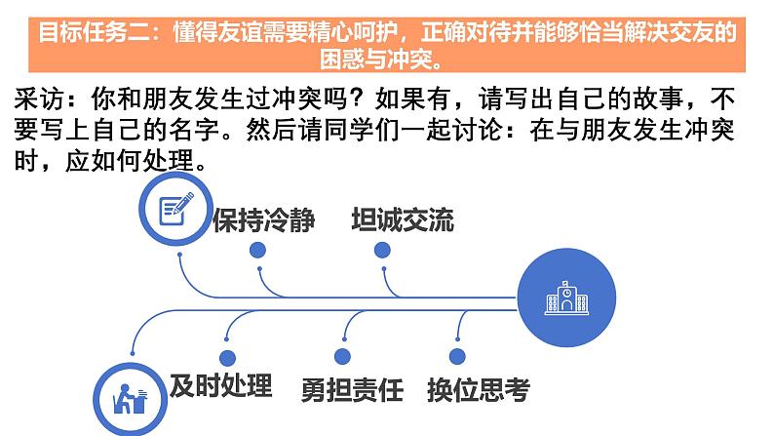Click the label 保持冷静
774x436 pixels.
(x=264, y=220)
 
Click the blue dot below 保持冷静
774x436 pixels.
(x=257, y=250)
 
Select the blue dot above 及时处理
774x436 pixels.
(x=227, y=358)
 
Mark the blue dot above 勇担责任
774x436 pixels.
(x=341, y=358)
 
